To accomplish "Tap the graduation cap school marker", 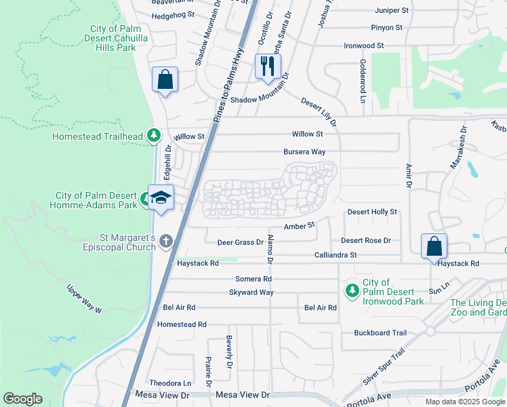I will (x=161, y=198).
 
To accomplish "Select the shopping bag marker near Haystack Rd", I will (x=434, y=246).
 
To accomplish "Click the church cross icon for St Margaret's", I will (x=167, y=241).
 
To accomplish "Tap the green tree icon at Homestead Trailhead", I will (x=154, y=136).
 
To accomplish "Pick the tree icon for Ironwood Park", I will (x=352, y=290).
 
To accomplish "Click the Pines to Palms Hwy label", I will (x=228, y=81).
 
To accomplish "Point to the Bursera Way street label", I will (x=304, y=152).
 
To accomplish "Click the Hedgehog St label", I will (x=173, y=15).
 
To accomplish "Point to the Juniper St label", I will (x=391, y=11).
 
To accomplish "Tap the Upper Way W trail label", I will (x=83, y=299).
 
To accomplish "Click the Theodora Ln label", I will (x=169, y=383).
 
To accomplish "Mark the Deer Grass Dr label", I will (x=240, y=242).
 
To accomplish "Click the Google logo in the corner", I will (x=22, y=399).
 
